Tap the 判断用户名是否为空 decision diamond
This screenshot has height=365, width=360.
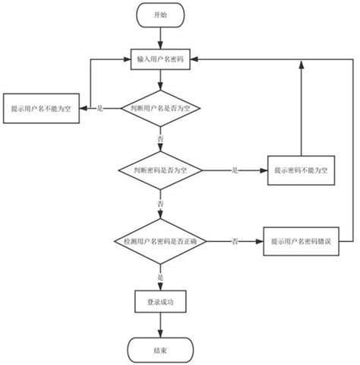(x=159, y=109)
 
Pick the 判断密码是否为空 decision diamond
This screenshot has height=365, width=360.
(x=159, y=169)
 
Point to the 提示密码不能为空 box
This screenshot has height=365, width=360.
(x=301, y=169)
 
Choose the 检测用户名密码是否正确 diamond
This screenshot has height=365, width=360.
(x=159, y=241)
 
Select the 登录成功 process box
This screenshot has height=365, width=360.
(x=159, y=301)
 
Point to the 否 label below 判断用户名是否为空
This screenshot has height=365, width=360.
(x=159, y=140)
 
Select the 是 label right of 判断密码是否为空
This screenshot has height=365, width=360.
(x=235, y=169)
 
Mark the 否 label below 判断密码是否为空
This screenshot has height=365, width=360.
(x=159, y=204)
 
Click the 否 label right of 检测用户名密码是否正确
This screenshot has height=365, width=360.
(x=235, y=241)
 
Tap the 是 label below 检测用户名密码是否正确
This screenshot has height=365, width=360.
(x=159, y=277)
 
